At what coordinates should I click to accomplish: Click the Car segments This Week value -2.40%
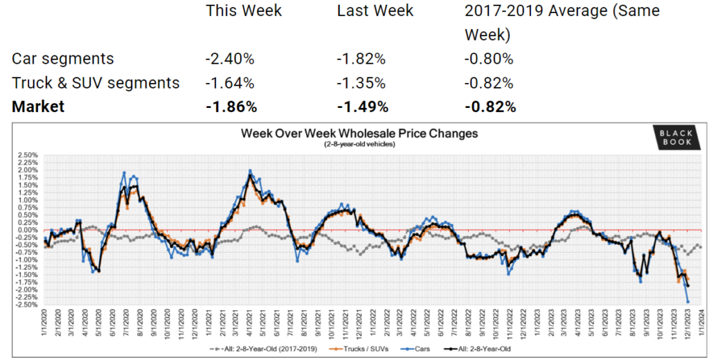[x=230, y=59]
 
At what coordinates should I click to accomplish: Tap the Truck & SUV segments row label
[x=96, y=83]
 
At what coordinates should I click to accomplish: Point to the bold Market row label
[x=38, y=107]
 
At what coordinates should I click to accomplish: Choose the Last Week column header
[x=375, y=11]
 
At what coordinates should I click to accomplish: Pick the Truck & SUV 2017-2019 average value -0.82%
[x=489, y=83]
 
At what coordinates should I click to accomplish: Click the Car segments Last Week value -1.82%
[x=361, y=59]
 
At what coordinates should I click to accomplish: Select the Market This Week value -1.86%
[x=231, y=107]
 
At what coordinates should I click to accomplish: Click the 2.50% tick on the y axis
[x=27, y=155]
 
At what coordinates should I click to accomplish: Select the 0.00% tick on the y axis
[x=27, y=230]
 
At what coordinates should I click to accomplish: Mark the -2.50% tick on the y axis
[x=27, y=305]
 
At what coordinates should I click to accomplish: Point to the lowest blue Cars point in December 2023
[x=688, y=301]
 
